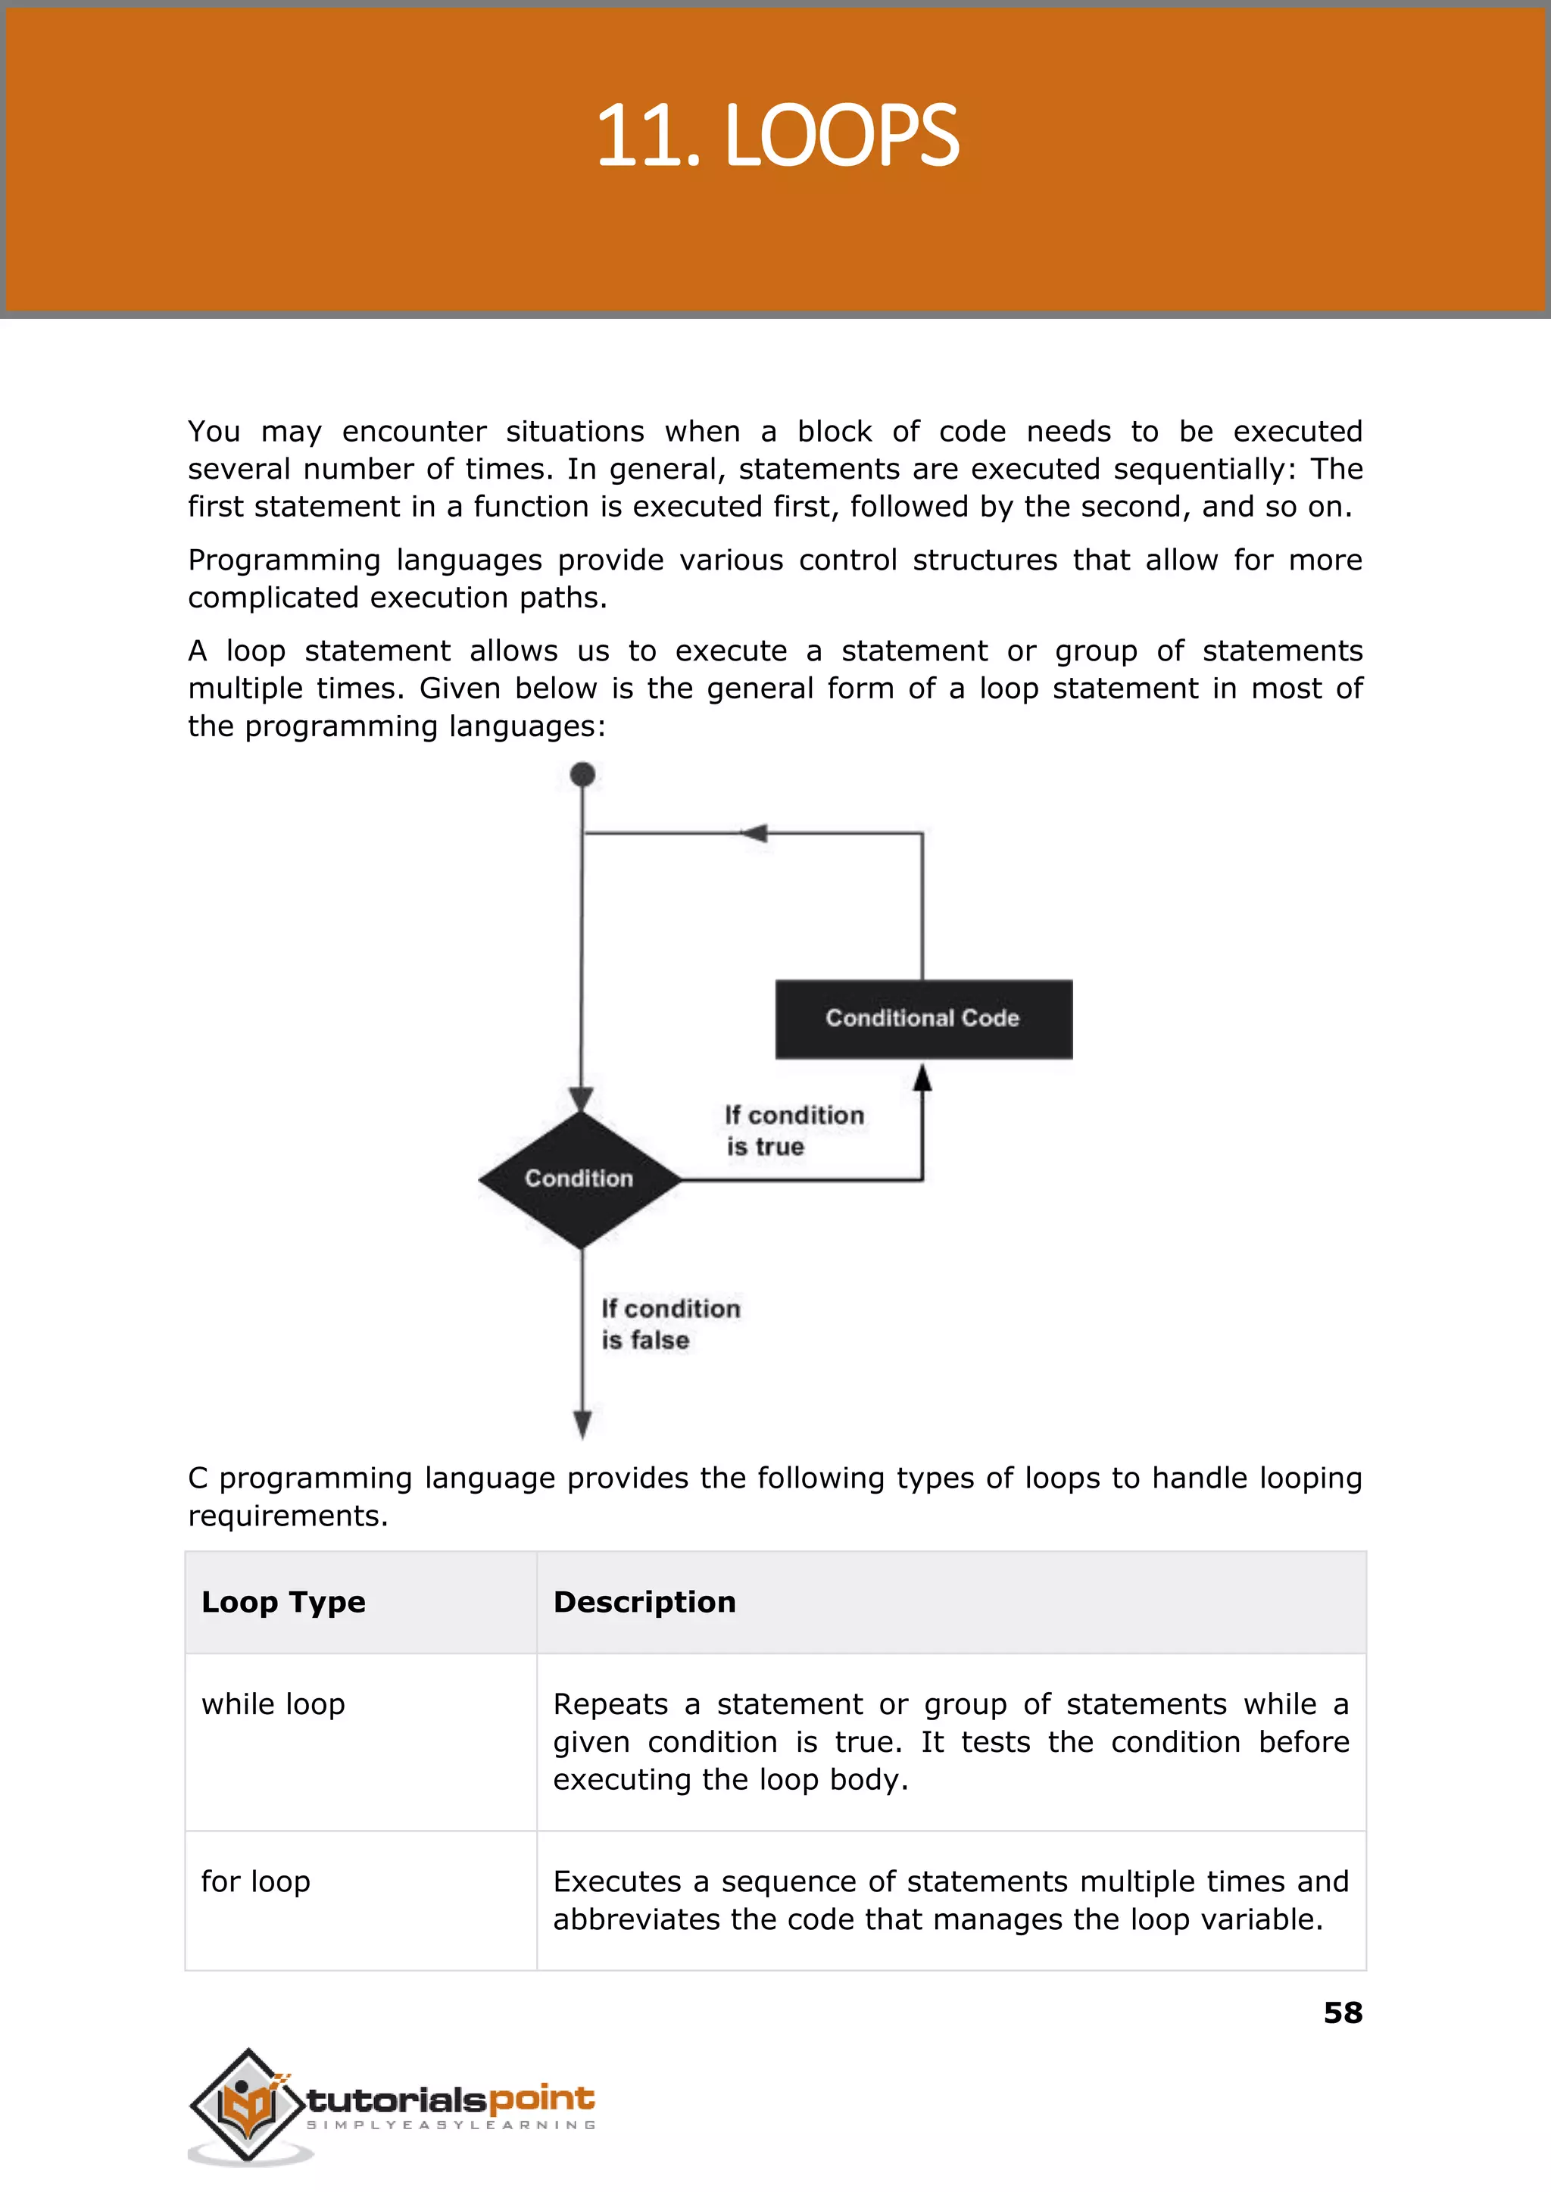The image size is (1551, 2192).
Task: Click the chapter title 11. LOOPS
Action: (x=776, y=136)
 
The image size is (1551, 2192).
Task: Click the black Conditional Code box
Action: (x=922, y=1018)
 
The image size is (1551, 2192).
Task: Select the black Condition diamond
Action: (x=579, y=1179)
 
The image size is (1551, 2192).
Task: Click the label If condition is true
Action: (x=793, y=1130)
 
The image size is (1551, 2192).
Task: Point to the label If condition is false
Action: (x=669, y=1324)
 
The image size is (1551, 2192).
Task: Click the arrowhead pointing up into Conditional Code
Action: (x=922, y=1077)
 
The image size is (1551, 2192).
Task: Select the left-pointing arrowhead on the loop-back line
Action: (x=754, y=833)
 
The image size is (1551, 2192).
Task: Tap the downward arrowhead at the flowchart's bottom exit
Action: (x=582, y=1423)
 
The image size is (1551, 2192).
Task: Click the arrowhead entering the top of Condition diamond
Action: (x=581, y=1099)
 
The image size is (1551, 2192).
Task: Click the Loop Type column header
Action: (x=284, y=1602)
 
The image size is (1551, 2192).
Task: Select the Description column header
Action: (x=644, y=1602)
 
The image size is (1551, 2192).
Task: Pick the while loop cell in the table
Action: (x=273, y=1704)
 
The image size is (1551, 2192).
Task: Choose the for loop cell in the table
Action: (x=256, y=1881)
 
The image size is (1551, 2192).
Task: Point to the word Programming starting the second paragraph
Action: (x=284, y=560)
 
